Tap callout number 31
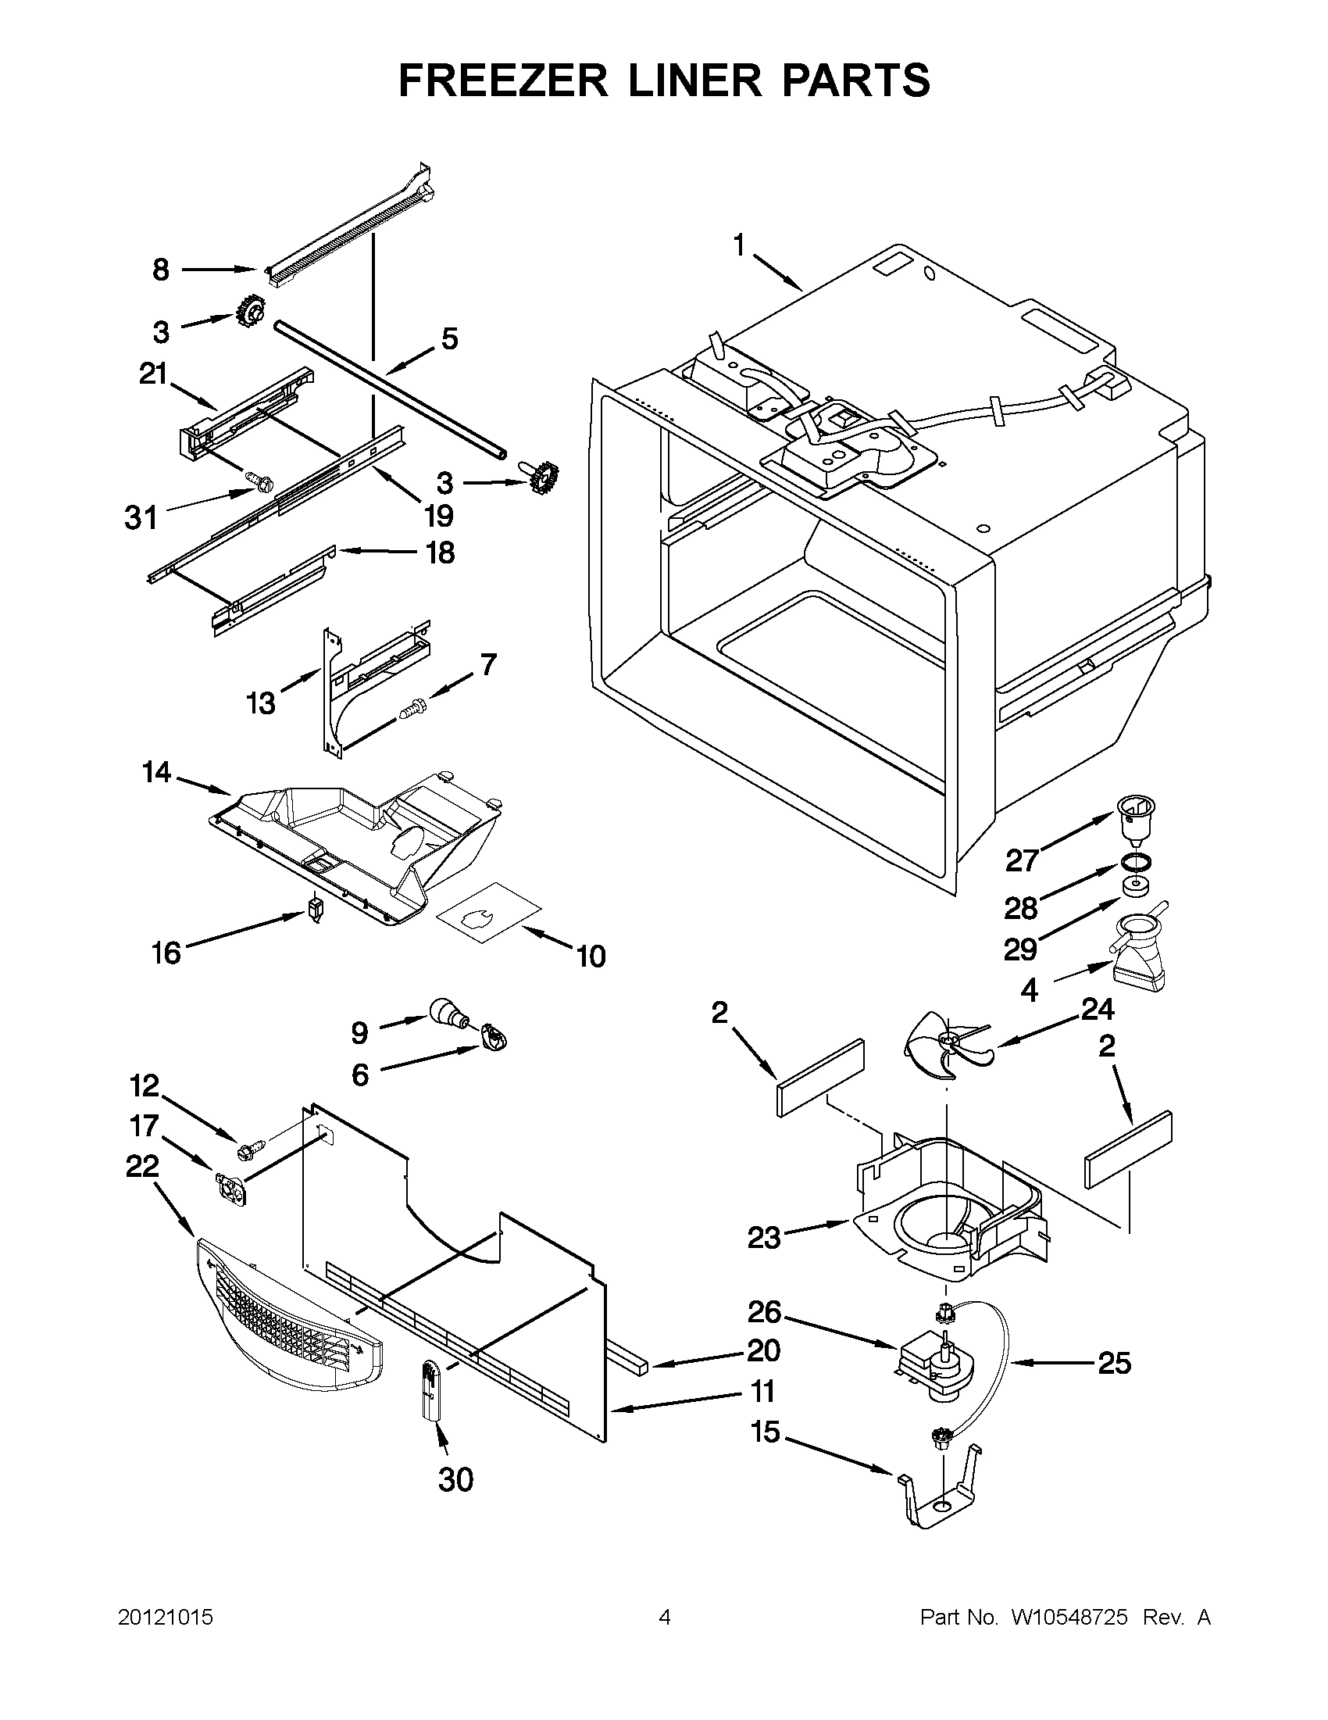141,518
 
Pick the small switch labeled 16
316,909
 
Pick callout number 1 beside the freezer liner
738,246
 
